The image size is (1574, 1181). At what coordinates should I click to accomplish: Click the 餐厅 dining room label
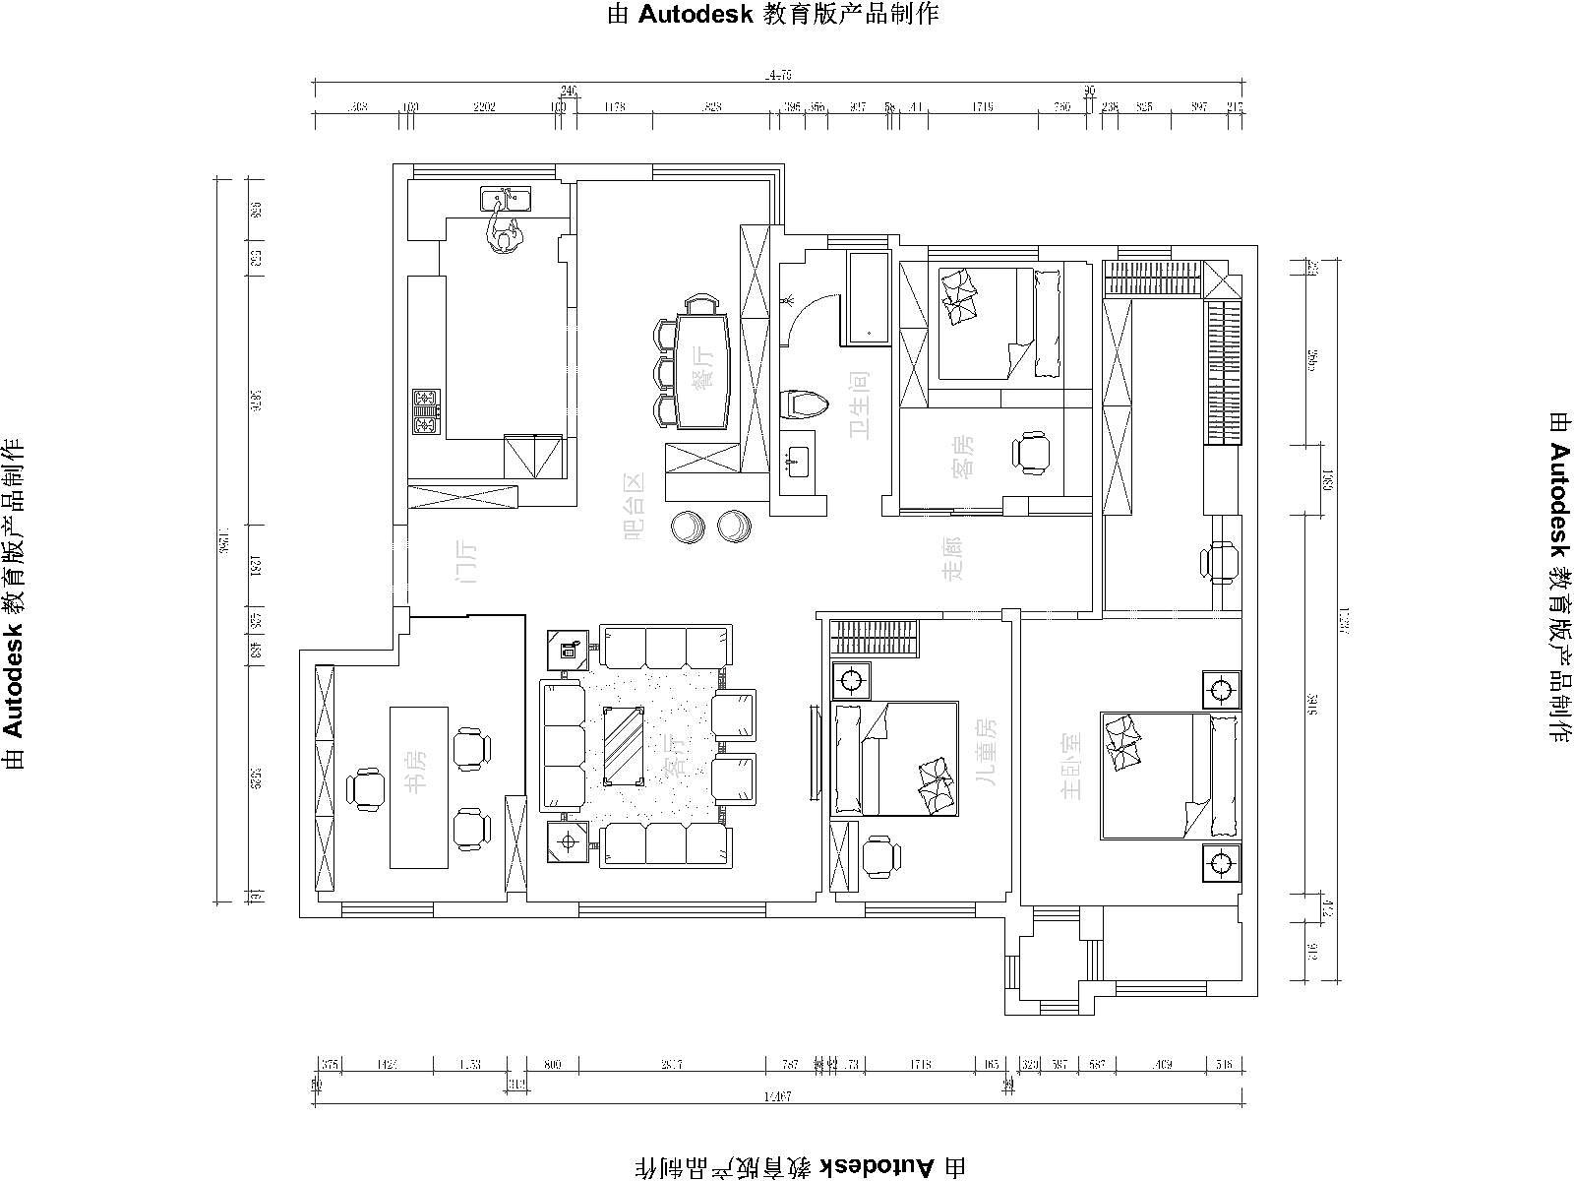tap(703, 369)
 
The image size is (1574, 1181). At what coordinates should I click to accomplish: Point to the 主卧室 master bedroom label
tap(1071, 765)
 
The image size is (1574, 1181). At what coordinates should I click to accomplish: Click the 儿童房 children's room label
tap(985, 752)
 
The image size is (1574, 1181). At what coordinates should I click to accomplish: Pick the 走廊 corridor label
tap(952, 556)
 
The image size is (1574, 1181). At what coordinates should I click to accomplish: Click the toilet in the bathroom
tap(804, 404)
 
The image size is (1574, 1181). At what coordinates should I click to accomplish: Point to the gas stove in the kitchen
tap(426, 412)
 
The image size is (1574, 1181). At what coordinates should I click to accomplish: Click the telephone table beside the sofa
tap(568, 649)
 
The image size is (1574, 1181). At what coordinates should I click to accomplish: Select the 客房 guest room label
tap(966, 456)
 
